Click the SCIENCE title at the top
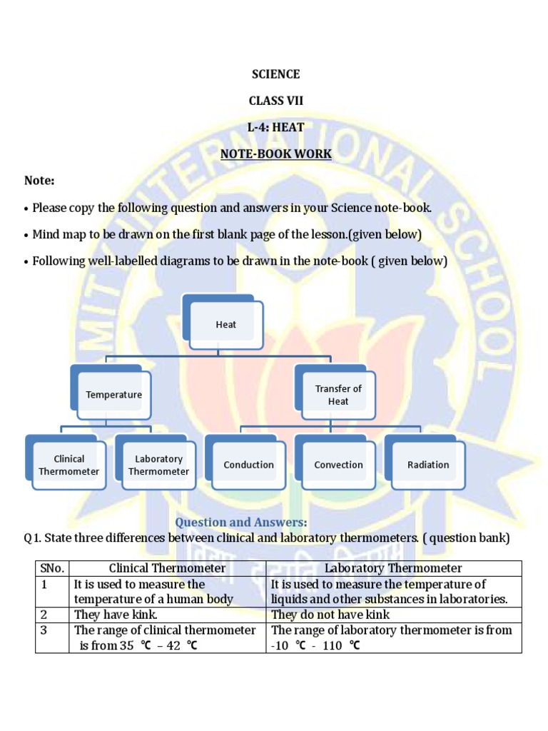click(276, 74)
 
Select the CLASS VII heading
click(276, 101)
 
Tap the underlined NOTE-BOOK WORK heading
click(276, 153)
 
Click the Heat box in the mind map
click(226, 324)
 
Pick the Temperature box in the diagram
click(114, 394)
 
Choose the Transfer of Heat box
click(338, 395)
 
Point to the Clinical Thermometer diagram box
click(69, 465)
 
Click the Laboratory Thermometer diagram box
click(158, 465)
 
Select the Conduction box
click(248, 465)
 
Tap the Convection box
click(338, 465)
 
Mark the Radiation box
click(428, 465)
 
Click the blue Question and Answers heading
click(241, 523)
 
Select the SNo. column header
click(52, 568)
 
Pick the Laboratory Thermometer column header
click(393, 568)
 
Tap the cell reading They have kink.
click(116, 615)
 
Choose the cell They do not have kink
click(330, 615)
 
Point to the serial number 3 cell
click(44, 630)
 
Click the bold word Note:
click(39, 181)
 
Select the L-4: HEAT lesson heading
click(276, 127)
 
